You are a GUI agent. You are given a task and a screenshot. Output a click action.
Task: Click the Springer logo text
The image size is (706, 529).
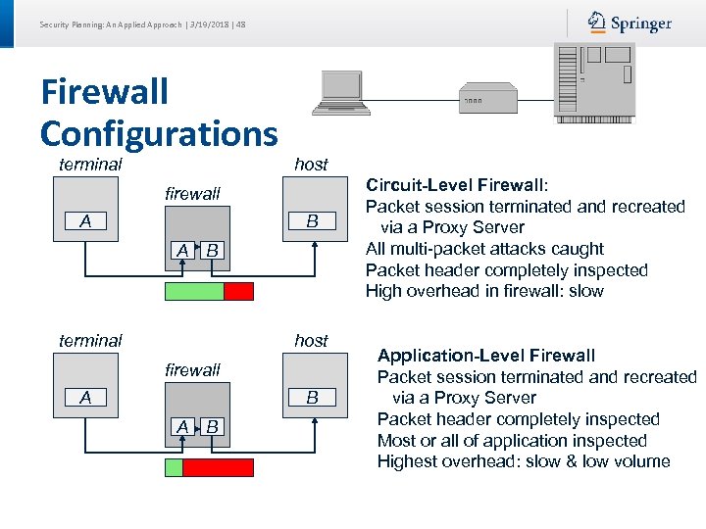[642, 24]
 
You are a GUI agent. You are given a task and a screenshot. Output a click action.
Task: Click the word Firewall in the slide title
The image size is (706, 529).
[105, 92]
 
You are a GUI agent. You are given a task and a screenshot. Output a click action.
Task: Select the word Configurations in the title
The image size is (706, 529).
[159, 132]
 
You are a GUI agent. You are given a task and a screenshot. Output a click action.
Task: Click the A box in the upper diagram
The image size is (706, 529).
[86, 221]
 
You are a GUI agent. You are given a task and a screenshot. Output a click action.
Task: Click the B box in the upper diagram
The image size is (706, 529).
[312, 221]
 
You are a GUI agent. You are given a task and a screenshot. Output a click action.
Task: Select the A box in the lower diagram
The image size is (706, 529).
[86, 398]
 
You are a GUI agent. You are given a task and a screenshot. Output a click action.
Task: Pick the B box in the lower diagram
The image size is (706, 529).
[312, 398]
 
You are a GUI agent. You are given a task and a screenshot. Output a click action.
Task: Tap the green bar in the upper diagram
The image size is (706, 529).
[194, 291]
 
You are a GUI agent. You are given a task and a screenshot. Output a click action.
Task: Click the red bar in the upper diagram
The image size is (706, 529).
[238, 291]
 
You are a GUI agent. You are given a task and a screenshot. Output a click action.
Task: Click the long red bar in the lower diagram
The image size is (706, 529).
[218, 467]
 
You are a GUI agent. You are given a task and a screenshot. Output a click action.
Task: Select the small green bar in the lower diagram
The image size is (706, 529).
[174, 467]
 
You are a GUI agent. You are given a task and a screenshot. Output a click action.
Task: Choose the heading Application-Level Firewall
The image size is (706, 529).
[486, 356]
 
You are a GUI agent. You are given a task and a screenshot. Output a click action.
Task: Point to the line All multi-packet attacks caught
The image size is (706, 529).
[484, 249]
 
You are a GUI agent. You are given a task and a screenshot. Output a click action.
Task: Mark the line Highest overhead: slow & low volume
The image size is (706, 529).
[524, 461]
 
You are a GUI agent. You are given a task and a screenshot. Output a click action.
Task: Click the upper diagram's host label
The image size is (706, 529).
[311, 165]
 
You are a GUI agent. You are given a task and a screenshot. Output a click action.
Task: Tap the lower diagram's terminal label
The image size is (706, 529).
[90, 341]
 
